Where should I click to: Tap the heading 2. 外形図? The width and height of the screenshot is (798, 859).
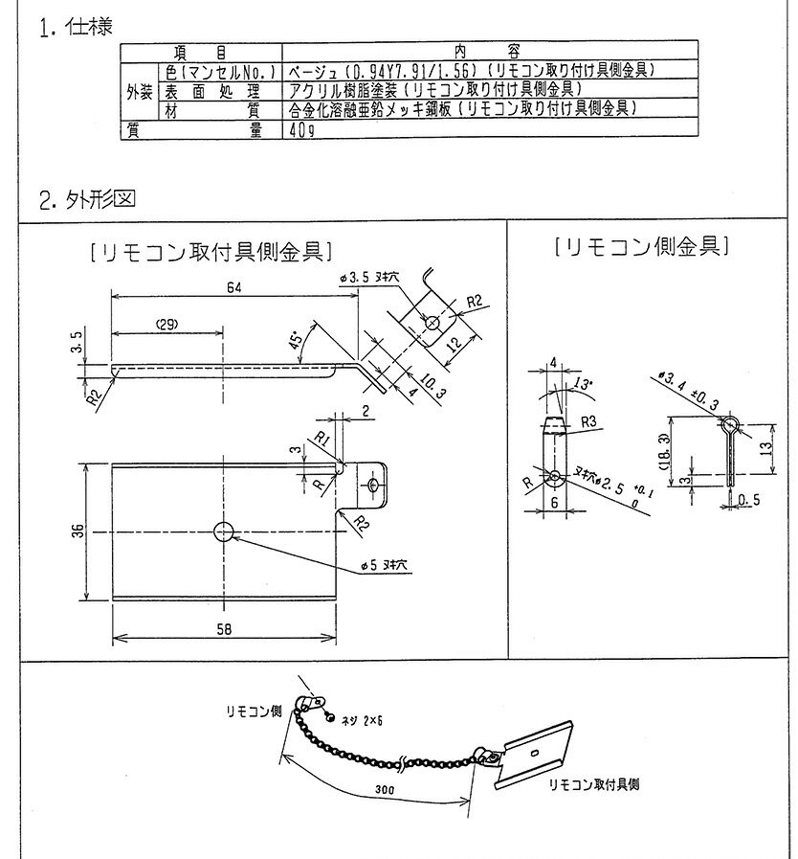click(x=87, y=200)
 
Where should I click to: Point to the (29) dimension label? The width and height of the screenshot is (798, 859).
click(x=168, y=324)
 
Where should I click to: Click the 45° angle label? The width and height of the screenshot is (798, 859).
click(x=297, y=339)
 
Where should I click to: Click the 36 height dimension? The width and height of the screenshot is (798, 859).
click(x=76, y=531)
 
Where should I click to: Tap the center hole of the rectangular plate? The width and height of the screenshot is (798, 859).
click(x=225, y=532)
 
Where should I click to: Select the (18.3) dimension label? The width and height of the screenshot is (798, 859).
click(x=677, y=451)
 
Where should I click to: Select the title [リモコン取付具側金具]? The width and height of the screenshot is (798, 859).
click(x=210, y=251)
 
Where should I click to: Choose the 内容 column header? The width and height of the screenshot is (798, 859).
click(x=489, y=49)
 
